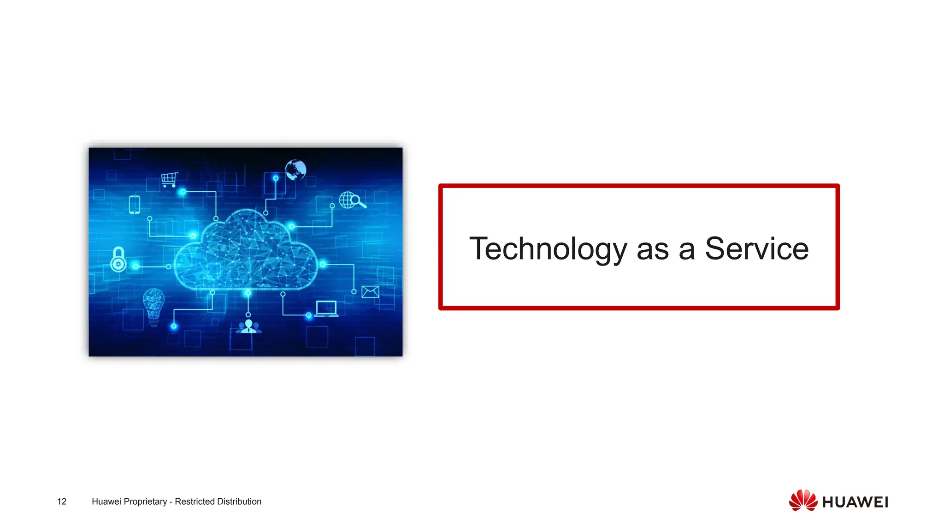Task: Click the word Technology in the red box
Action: point(548,249)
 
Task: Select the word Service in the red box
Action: point(756,248)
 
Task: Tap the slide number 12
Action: point(62,501)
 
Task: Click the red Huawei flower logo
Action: point(803,501)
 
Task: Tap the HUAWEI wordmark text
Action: point(855,502)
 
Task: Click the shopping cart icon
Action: point(169,179)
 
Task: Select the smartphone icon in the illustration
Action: point(134,205)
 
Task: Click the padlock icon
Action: point(118,259)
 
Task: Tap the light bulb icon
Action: point(153,306)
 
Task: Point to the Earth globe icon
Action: point(295,170)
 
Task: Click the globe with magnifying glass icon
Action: point(352,200)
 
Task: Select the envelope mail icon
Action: point(370,292)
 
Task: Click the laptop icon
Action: point(326,308)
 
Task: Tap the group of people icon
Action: point(248,327)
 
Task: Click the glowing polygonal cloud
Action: point(246,251)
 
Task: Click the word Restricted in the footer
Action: point(195,501)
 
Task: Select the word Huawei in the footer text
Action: point(106,501)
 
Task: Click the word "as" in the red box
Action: point(653,249)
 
